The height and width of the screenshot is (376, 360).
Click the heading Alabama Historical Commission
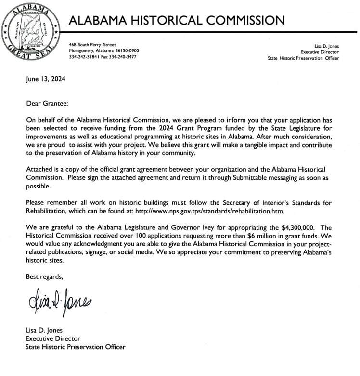[177, 20]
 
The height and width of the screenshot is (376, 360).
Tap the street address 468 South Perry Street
[92, 45]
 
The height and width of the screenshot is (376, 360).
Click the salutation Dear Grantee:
[47, 102]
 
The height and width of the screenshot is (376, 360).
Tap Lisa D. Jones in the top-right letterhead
[323, 47]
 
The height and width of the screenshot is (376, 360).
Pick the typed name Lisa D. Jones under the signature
[44, 330]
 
